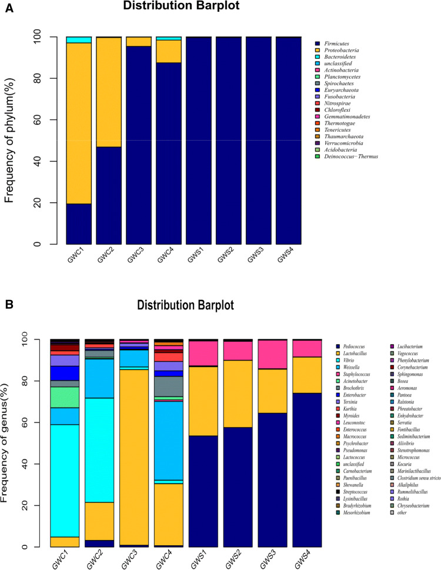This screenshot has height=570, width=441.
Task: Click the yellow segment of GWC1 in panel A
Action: [79, 124]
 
